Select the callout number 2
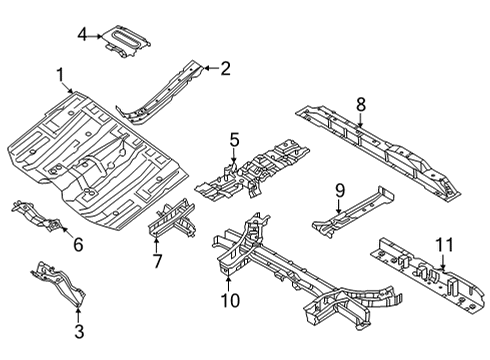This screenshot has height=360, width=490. pos(225,68)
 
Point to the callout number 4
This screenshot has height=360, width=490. pos(82,35)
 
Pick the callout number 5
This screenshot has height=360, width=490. pos(233,139)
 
